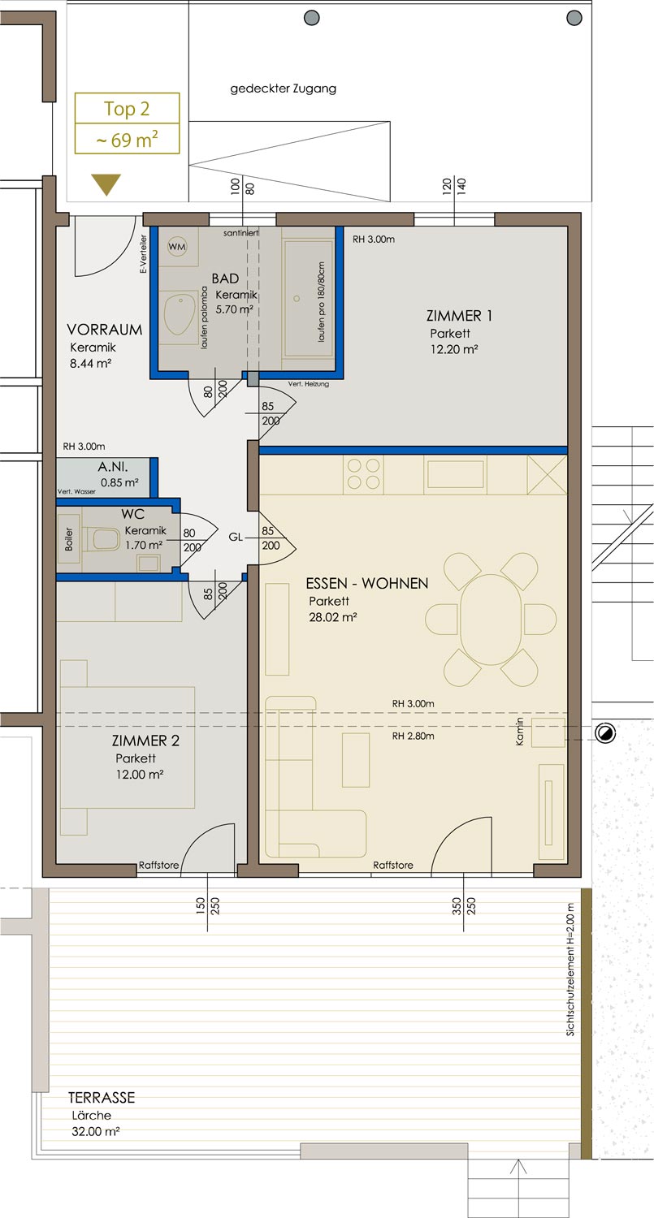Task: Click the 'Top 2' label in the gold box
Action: pos(127,109)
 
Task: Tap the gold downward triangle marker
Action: pos(106,184)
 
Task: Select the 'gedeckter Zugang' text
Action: pos(283,89)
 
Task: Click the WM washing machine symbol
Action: pos(177,246)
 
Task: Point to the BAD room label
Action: pos(225,279)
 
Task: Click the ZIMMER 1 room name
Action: pos(459,316)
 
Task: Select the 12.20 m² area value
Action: pos(454,349)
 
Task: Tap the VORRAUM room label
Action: pos(105,330)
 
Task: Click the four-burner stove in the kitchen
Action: pos(363,474)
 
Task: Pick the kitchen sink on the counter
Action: pos(456,474)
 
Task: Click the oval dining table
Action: pos(491,620)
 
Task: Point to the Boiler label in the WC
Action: pos(68,539)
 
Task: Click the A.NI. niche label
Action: pos(113,467)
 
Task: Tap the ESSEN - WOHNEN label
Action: pos(367,584)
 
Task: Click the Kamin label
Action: pos(520,732)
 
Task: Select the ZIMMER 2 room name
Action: pos(145,741)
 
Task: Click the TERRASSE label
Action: pos(102,1097)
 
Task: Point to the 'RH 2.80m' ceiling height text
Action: pos(413,736)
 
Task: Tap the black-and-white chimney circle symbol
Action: pos(605,733)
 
